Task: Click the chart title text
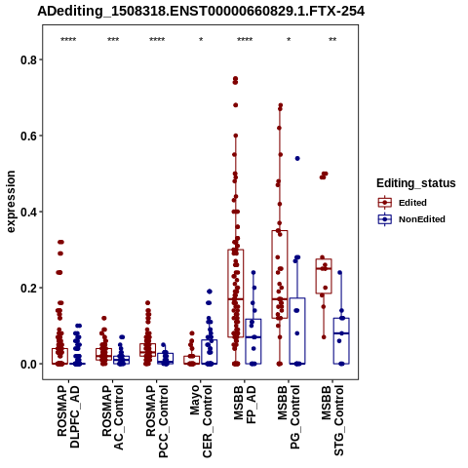pos(201,12)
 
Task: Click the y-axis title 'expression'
pos(11,202)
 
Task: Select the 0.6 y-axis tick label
pos(27,136)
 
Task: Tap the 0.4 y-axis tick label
pos(27,212)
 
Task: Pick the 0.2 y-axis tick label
pos(27,288)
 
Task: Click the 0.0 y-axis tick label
pos(27,364)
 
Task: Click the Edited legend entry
pos(403,203)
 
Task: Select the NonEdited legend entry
pos(411,219)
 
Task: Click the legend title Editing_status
pos(416,183)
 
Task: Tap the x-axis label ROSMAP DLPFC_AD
pos(68,416)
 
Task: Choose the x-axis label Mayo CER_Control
pos(201,421)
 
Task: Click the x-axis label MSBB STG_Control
pos(332,421)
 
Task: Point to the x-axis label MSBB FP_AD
pos(245,405)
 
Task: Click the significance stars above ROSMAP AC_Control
pos(113,40)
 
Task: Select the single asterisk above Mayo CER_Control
pos(201,40)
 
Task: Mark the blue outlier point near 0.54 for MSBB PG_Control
pos(297,159)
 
